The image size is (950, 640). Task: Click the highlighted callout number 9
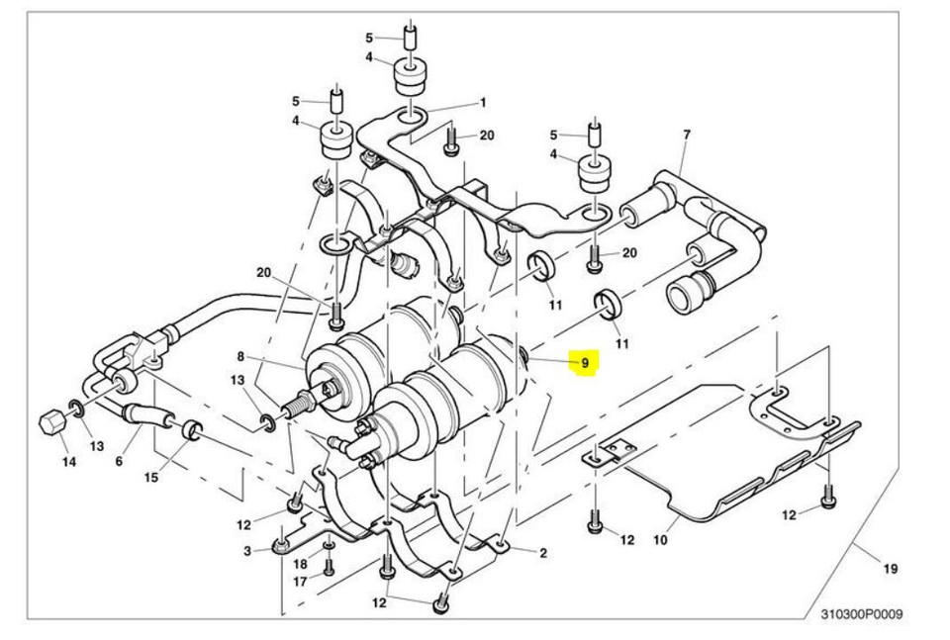[585, 363]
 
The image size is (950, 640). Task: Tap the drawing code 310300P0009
[861, 614]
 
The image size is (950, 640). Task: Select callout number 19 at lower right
[890, 568]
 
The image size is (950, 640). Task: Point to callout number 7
[686, 135]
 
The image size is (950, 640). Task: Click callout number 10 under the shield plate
[660, 540]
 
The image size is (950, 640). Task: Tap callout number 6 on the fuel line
[119, 461]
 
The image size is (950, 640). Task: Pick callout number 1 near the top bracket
[483, 103]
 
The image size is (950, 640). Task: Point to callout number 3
[247, 550]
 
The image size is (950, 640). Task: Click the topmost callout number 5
[369, 39]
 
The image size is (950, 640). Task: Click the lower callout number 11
[622, 343]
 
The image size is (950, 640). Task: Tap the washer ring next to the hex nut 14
[75, 408]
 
